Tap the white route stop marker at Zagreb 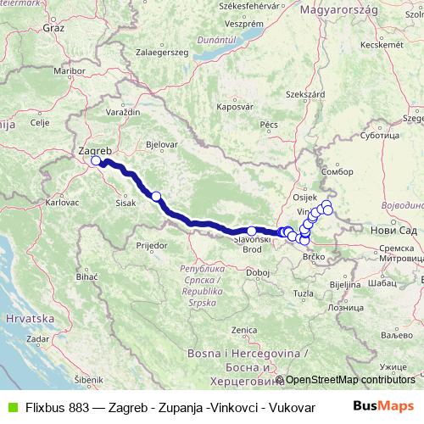(96, 160)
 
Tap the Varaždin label (123, 112)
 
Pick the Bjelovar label (161, 145)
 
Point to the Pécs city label (269, 125)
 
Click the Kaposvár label (235, 108)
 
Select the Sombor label (338, 171)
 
